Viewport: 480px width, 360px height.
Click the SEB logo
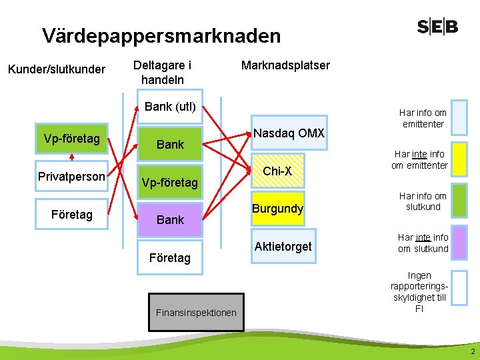click(x=438, y=27)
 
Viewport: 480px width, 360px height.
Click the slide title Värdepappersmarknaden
click(x=161, y=35)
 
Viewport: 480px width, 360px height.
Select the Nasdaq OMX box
click(x=289, y=134)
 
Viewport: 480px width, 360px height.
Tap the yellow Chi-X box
click(x=277, y=171)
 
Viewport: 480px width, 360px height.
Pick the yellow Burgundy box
click(x=277, y=209)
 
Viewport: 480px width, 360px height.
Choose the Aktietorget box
click(x=283, y=247)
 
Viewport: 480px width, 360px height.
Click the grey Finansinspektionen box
click(x=196, y=312)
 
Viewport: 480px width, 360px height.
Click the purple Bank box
click(x=170, y=219)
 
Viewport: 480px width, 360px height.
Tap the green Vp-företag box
click(x=71, y=139)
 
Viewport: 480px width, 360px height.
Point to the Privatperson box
click(x=71, y=177)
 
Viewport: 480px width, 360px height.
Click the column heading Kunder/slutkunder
click(x=56, y=69)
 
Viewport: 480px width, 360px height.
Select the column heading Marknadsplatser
click(x=285, y=65)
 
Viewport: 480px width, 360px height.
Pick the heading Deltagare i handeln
click(x=163, y=72)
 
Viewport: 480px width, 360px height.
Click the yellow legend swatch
click(x=459, y=159)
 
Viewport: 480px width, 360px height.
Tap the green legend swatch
click(x=459, y=201)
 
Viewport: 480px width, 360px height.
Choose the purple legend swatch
click(x=459, y=243)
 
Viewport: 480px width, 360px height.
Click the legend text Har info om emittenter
click(x=423, y=119)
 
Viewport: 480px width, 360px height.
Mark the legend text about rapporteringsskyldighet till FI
click(x=419, y=292)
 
